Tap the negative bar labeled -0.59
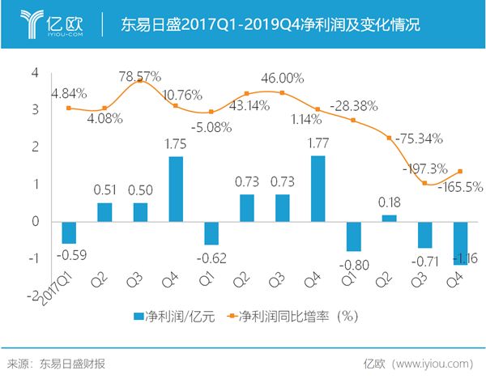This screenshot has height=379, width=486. point(69,232)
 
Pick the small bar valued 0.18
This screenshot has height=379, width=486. point(389,218)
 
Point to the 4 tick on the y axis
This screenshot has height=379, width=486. point(35,72)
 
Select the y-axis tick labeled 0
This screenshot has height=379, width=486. point(35,221)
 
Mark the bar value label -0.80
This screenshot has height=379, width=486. point(353,262)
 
